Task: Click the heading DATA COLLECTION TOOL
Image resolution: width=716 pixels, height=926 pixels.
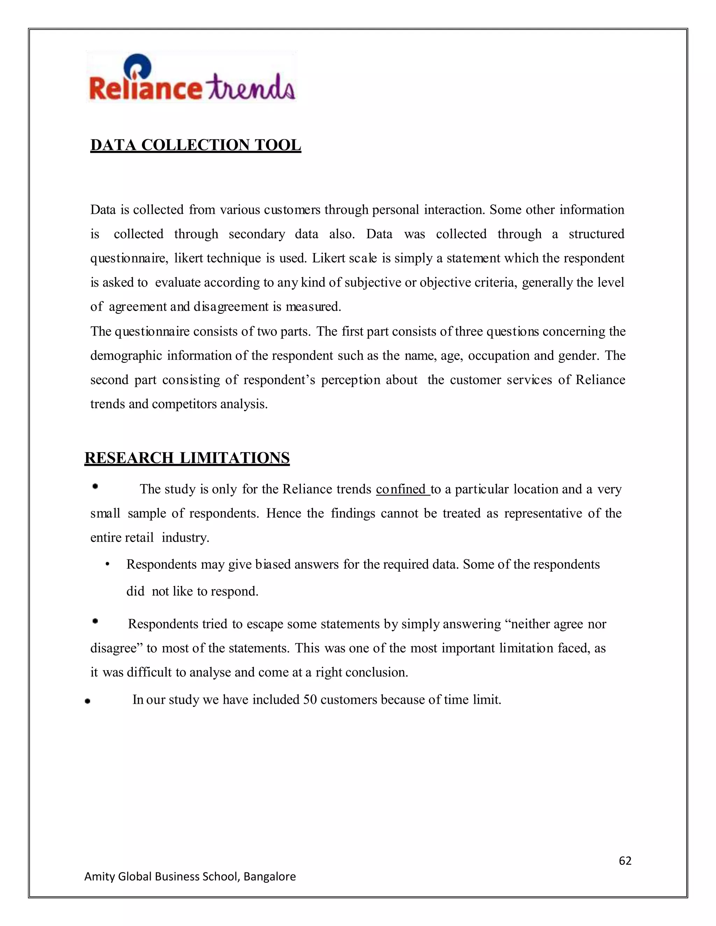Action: [195, 145]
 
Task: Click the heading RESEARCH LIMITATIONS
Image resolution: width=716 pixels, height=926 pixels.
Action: [187, 458]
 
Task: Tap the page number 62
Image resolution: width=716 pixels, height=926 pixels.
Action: [625, 860]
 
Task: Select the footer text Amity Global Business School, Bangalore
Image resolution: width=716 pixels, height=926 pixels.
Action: [190, 876]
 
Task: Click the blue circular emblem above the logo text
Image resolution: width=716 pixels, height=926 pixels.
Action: [137, 67]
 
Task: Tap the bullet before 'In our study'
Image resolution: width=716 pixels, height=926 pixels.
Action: [87, 701]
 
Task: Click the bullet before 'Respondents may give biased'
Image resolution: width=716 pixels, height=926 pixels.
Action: [108, 565]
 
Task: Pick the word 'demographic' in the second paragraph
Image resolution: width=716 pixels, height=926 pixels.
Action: [126, 355]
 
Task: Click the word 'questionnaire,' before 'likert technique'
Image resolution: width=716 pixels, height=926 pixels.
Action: [129, 258]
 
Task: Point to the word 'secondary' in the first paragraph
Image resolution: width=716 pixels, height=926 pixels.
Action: [257, 234]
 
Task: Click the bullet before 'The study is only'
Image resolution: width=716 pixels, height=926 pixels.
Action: [95, 487]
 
